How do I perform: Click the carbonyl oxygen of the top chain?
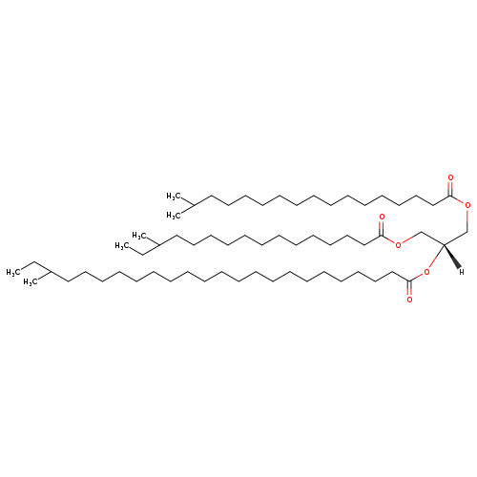[x=450, y=177]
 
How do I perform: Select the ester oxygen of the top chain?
[x=467, y=205]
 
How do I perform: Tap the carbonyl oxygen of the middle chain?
[x=382, y=218]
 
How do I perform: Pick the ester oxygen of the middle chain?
[x=398, y=244]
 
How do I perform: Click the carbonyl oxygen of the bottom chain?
[x=409, y=300]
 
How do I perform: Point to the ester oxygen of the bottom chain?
[x=426, y=272]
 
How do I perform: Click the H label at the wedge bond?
[x=461, y=272]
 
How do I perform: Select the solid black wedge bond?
[x=452, y=257]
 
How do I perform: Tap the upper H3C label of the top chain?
[x=174, y=197]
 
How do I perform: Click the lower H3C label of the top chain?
[x=174, y=216]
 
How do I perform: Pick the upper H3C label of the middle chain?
[x=139, y=236]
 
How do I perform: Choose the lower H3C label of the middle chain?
[x=122, y=245]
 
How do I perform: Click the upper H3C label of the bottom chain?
[x=13, y=272]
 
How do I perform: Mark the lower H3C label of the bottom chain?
[x=31, y=282]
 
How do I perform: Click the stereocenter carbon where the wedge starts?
[x=444, y=244]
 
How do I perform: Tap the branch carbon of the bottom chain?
[x=51, y=272]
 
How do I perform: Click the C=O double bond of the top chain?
[x=450, y=189]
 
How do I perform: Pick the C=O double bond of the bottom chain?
[x=409, y=288]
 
